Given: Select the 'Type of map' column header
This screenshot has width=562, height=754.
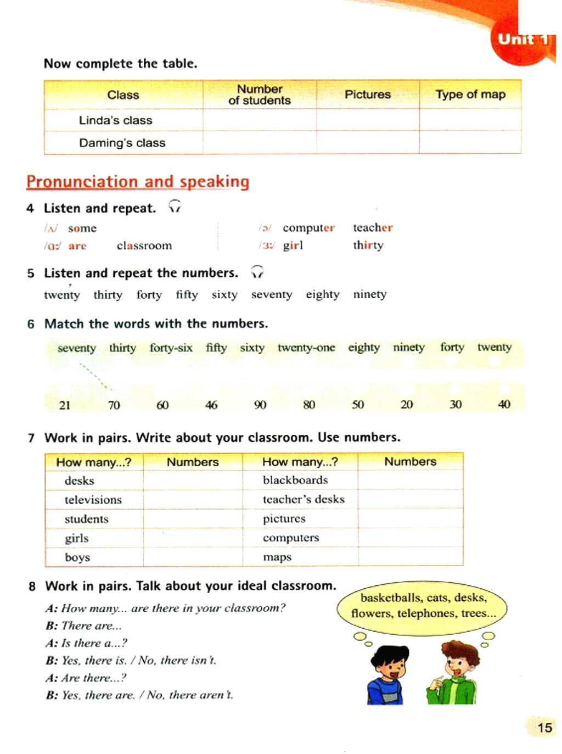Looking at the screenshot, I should coord(470,94).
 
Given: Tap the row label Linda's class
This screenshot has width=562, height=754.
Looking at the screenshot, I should coord(115,120).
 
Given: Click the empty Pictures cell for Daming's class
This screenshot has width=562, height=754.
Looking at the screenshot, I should coord(368,143).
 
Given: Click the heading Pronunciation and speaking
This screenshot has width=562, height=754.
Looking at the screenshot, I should coord(138,182).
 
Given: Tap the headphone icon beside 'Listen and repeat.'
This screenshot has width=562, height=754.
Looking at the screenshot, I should coord(175,207).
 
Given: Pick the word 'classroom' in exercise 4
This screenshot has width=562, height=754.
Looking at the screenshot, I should coord(144,245).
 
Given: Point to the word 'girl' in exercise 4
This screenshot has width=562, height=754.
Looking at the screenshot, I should coord(293,245).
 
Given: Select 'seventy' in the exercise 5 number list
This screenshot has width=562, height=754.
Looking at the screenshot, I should coord(272,294).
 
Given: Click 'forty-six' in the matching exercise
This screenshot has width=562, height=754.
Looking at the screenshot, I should coord(171,348).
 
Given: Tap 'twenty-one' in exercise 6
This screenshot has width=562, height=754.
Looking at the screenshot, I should coord(306,348).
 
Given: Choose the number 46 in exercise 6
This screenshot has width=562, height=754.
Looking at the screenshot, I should coord(211,405).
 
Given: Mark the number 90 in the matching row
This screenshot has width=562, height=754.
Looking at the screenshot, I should coord(260,405).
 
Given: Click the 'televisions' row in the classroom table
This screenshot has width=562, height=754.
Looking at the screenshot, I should coord(93,500).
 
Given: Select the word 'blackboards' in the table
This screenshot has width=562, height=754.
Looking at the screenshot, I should coord(295,480).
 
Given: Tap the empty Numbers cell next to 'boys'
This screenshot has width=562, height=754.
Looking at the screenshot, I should coord(193,557).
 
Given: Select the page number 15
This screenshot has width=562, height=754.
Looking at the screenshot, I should coord(544,728).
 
